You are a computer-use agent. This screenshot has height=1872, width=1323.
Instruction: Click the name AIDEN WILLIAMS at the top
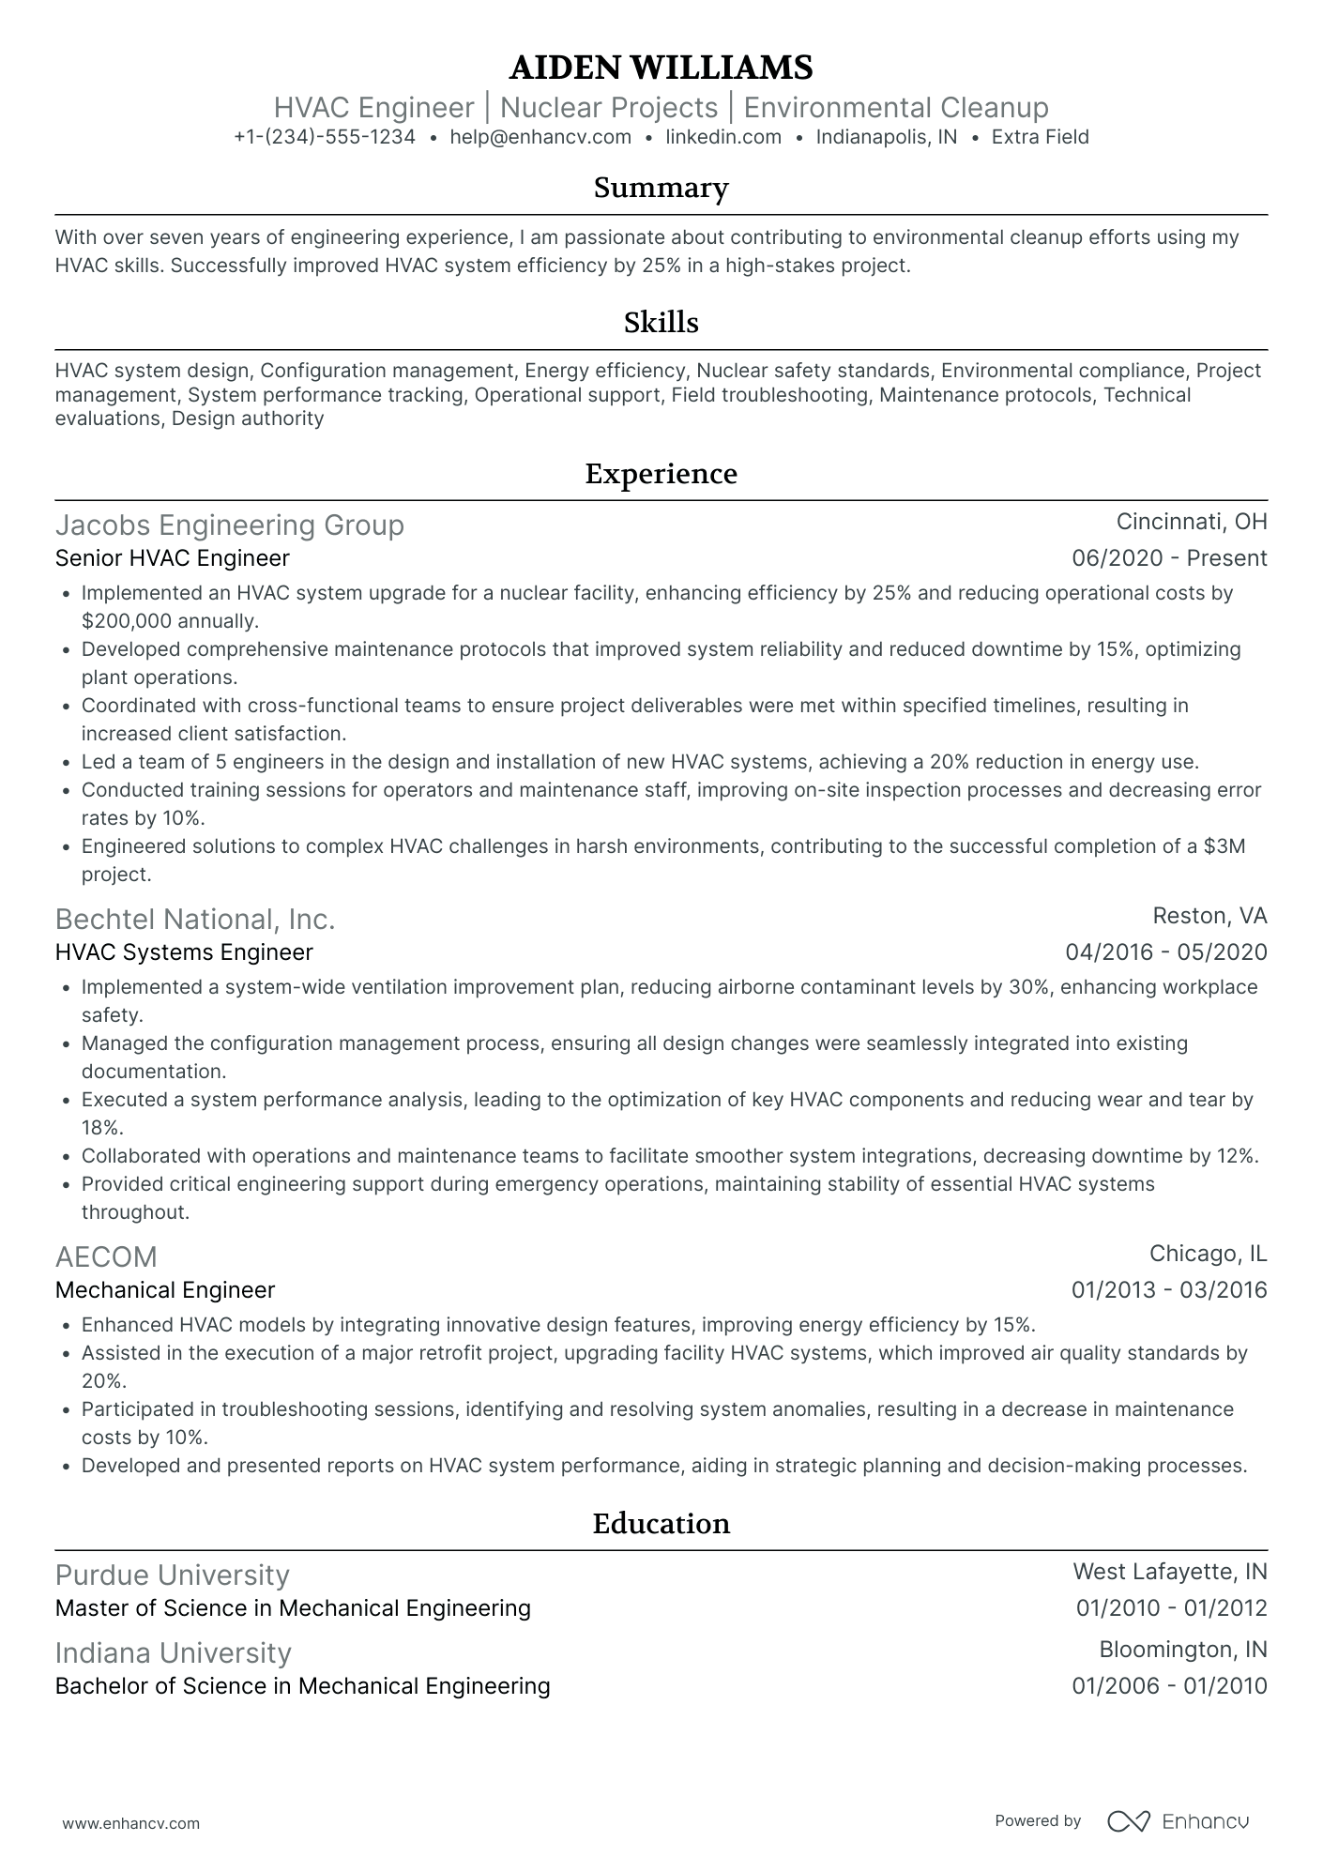pyautogui.click(x=661, y=68)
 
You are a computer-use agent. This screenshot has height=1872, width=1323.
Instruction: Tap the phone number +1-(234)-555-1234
pyautogui.click(x=324, y=137)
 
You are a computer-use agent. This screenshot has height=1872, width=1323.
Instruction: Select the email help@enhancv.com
pyautogui.click(x=540, y=137)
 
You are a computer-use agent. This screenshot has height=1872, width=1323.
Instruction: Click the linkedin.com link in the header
pyautogui.click(x=723, y=137)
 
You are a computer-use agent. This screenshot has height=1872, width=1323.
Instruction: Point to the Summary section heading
pyautogui.click(x=661, y=188)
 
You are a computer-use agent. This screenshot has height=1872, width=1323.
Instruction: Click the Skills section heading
pyautogui.click(x=661, y=323)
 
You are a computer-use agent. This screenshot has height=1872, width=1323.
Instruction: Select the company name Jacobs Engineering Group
pyautogui.click(x=230, y=525)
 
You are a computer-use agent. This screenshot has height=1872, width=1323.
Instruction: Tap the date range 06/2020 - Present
pyautogui.click(x=1169, y=558)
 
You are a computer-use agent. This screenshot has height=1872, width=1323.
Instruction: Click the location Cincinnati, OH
pyautogui.click(x=1192, y=522)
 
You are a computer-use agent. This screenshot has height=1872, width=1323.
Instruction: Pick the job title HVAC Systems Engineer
pyautogui.click(x=184, y=952)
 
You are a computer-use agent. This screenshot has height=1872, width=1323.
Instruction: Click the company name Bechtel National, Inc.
pyautogui.click(x=195, y=919)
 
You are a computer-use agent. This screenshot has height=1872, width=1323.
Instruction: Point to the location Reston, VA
pyautogui.click(x=1209, y=916)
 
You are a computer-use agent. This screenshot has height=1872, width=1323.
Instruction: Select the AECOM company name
pyautogui.click(x=106, y=1256)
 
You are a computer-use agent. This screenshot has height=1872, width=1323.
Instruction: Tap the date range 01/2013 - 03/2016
pyautogui.click(x=1169, y=1290)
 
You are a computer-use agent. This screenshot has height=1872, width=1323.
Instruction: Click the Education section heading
pyautogui.click(x=661, y=1523)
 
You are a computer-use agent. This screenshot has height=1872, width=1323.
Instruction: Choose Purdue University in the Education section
pyautogui.click(x=172, y=1575)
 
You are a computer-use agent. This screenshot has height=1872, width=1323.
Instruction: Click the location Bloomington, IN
pyautogui.click(x=1182, y=1650)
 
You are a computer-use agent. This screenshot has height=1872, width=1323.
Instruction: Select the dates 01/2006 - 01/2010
pyautogui.click(x=1169, y=1686)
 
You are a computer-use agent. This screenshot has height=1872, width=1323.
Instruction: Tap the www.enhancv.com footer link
pyautogui.click(x=131, y=1823)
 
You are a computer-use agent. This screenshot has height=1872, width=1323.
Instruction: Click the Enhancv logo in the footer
pyautogui.click(x=1179, y=1821)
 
